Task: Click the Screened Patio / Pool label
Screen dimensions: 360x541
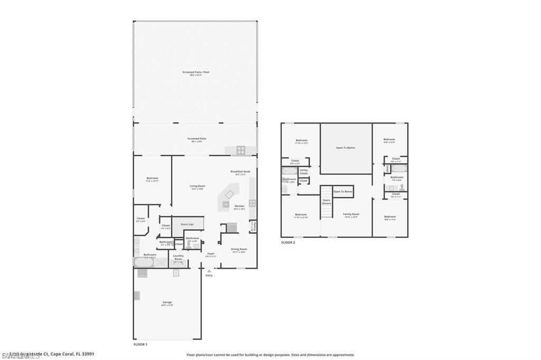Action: (x=195, y=72)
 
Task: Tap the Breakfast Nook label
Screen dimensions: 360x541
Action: (x=240, y=172)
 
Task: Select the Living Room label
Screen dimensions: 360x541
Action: (x=198, y=186)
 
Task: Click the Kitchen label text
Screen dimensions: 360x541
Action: (x=239, y=206)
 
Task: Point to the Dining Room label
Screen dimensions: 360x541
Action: (x=239, y=249)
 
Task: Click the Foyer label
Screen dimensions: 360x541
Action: (x=211, y=254)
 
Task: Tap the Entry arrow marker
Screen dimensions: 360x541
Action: (x=209, y=271)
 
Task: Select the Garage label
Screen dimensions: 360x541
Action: (x=167, y=303)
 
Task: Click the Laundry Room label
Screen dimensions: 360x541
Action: (x=178, y=257)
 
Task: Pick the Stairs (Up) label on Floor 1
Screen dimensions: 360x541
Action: (x=187, y=224)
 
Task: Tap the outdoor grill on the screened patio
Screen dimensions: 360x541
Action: (x=240, y=150)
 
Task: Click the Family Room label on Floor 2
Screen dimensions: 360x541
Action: (x=351, y=214)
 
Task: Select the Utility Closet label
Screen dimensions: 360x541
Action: (x=304, y=172)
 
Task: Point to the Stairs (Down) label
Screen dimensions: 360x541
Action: (x=327, y=202)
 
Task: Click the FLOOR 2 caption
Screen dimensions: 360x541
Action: (x=288, y=242)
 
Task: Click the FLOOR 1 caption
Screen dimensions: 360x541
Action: (x=140, y=344)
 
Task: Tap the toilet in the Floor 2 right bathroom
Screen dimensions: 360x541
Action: (x=402, y=187)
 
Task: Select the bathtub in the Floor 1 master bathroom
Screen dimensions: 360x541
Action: (x=143, y=262)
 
